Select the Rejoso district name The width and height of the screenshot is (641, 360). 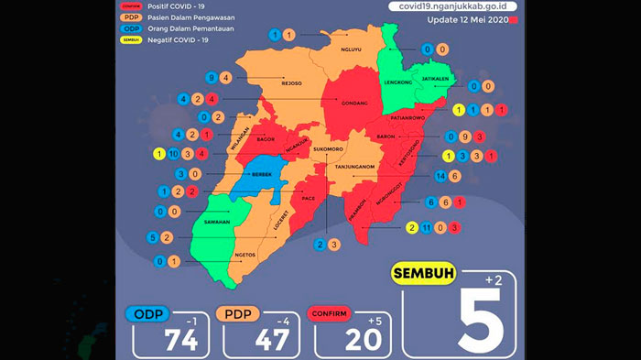[291, 82]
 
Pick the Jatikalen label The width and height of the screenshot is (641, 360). [435, 79]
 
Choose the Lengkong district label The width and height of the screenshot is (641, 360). [396, 81]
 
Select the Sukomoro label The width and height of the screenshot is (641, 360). [327, 147]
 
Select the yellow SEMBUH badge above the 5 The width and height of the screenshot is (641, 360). [425, 273]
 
